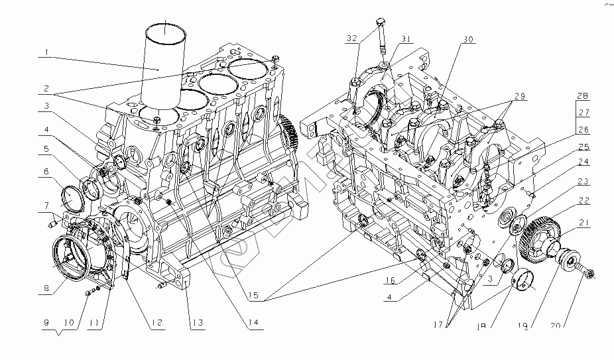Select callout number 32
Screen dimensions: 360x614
click(x=351, y=38)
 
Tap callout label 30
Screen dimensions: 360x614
click(x=469, y=39)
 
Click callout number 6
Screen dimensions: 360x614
click(x=45, y=172)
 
